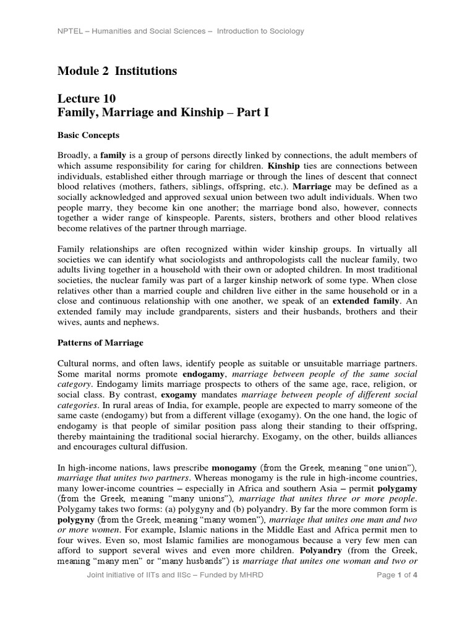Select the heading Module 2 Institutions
pyautogui.click(x=117, y=71)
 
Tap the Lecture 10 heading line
pyautogui.click(x=87, y=98)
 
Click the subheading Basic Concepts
pyautogui.click(x=88, y=134)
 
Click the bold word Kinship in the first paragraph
pyautogui.click(x=285, y=167)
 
